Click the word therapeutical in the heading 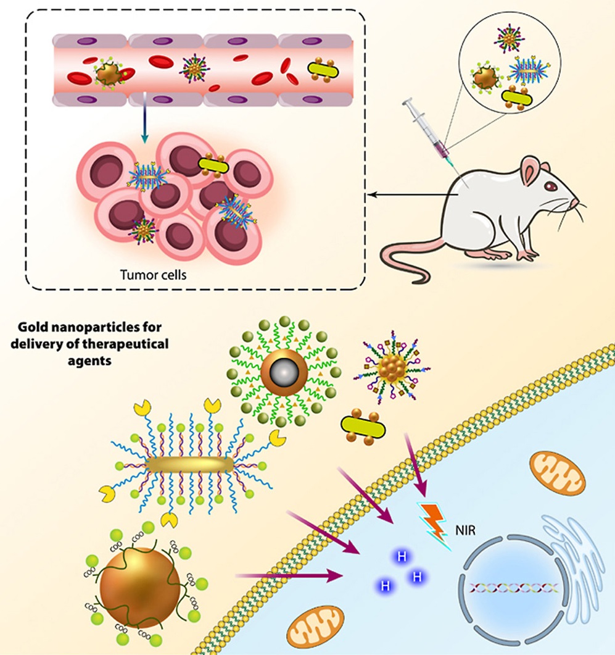coord(126,344)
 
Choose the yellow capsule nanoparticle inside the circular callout coord(517,97)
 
